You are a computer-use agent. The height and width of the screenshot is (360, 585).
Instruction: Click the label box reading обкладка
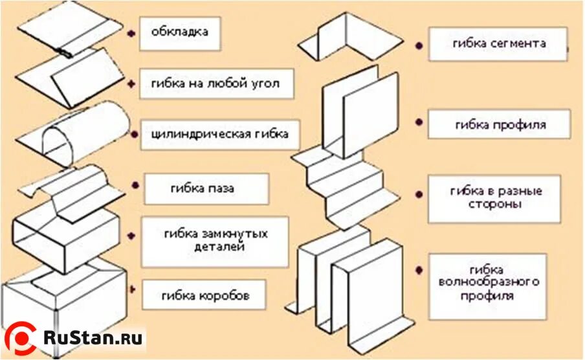tap(180, 33)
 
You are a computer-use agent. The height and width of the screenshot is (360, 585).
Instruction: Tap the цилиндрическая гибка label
tap(220, 135)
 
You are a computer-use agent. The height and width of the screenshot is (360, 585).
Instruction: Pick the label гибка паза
tap(206, 189)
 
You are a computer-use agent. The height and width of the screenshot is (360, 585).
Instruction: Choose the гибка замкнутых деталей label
tap(215, 242)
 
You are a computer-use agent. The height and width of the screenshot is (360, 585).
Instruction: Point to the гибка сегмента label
tap(498, 44)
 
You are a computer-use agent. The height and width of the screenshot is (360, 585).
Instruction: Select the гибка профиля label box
tap(499, 124)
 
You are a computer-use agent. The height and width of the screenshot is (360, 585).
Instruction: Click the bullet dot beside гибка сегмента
tap(419, 47)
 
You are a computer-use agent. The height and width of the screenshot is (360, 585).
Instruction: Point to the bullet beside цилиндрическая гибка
tap(135, 135)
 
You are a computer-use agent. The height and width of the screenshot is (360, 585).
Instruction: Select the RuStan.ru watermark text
tap(91, 338)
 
